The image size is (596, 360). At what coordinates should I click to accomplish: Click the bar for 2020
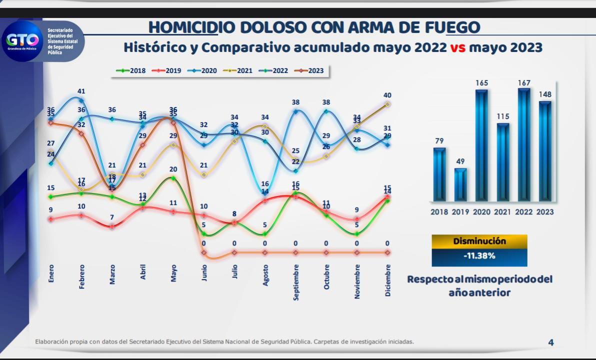coord(481,145)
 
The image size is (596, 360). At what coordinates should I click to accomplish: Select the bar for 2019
coord(460,184)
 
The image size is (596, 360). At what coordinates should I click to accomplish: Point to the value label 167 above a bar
coord(524,83)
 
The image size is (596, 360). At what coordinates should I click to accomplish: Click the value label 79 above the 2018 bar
coord(439,141)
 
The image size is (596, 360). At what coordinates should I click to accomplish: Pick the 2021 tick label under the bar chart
coord(503,212)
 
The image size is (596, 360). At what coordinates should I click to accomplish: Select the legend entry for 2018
coord(130,70)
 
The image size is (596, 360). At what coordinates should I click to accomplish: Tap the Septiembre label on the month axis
coord(296,282)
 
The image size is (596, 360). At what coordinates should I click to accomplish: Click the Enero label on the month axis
coord(51,273)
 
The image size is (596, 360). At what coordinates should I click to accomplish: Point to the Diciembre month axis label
coord(388,280)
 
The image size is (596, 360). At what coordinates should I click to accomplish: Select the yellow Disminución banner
coord(479,241)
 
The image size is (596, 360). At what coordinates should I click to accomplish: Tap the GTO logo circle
coord(21,40)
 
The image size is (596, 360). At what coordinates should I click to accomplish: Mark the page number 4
coord(551,342)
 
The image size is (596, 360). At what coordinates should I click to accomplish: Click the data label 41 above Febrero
coord(81,91)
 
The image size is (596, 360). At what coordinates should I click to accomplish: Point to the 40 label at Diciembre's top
coord(387,95)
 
